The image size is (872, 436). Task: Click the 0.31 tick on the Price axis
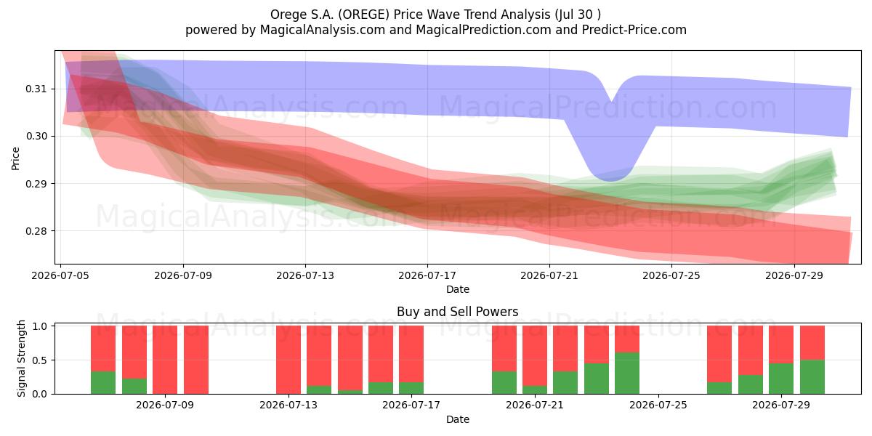pyautogui.click(x=36, y=89)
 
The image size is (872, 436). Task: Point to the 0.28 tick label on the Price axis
pyautogui.click(x=36, y=231)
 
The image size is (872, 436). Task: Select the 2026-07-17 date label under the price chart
pyautogui.click(x=427, y=275)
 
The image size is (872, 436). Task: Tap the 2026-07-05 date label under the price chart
pyautogui.click(x=60, y=275)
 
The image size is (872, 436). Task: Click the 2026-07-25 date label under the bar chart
pyautogui.click(x=658, y=405)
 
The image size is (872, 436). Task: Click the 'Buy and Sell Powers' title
pyautogui.click(x=457, y=312)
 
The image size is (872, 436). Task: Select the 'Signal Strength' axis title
pyautogui.click(x=21, y=358)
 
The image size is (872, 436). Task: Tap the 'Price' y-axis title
pyautogui.click(x=15, y=158)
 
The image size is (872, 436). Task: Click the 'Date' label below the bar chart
pyautogui.click(x=457, y=419)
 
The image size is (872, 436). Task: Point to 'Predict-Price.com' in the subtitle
pyautogui.click(x=634, y=30)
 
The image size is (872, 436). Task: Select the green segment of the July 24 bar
pyautogui.click(x=627, y=374)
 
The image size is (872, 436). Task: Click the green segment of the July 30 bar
pyautogui.click(x=812, y=377)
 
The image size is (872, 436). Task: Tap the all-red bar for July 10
pyautogui.click(x=196, y=360)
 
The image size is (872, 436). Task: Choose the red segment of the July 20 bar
pyautogui.click(x=535, y=356)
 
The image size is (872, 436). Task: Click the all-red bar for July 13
pyautogui.click(x=288, y=360)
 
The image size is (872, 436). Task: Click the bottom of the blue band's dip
pyautogui.click(x=610, y=180)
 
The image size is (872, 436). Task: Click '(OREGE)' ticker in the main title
pyautogui.click(x=363, y=15)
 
